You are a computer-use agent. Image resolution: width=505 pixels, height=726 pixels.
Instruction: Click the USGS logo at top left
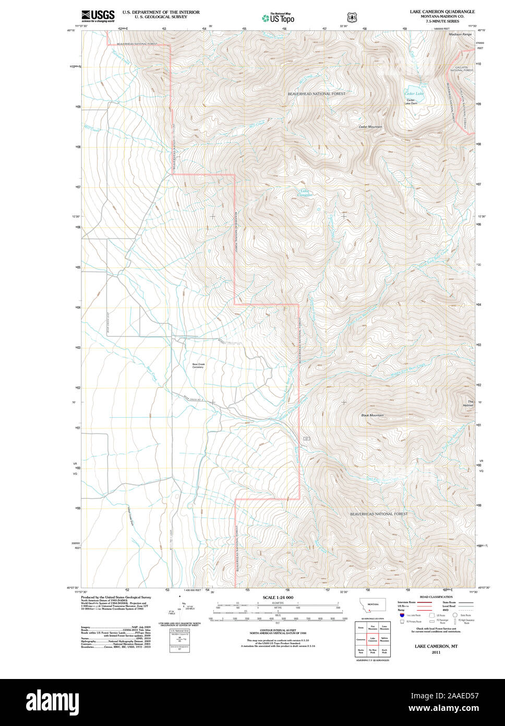pyautogui.click(x=98, y=16)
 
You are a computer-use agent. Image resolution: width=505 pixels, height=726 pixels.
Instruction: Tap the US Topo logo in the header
pyautogui.click(x=278, y=18)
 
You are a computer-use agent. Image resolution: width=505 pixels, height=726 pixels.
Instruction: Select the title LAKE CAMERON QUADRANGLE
pyautogui.click(x=442, y=11)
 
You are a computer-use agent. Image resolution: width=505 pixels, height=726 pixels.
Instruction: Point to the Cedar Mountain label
pyautogui.click(x=370, y=127)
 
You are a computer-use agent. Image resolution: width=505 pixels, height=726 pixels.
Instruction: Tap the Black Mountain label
pyautogui.click(x=372, y=415)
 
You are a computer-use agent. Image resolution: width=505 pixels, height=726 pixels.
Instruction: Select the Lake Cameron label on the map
pyautogui.click(x=304, y=193)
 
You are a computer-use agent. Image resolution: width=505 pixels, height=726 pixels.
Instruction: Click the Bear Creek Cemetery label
pyautogui.click(x=198, y=366)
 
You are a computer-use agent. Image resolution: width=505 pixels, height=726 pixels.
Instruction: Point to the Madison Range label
pyautogui.click(x=460, y=34)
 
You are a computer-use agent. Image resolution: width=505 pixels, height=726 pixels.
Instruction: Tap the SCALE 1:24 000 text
pyautogui.click(x=278, y=598)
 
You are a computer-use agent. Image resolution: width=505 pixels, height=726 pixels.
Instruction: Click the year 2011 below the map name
pyautogui.click(x=436, y=652)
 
